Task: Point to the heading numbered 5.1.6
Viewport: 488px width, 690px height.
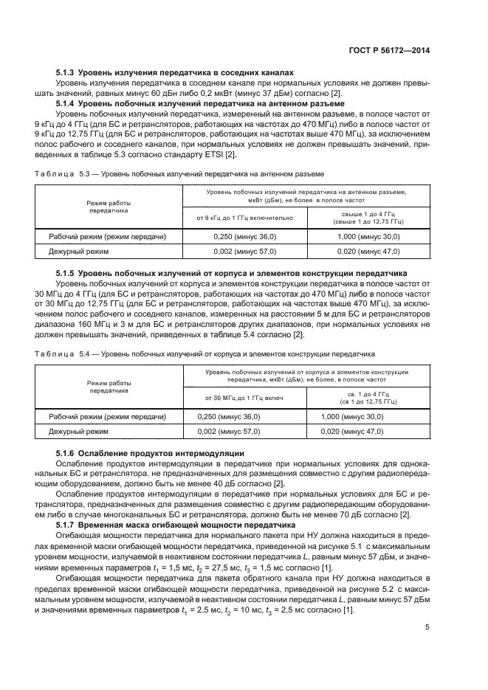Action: coord(151,452)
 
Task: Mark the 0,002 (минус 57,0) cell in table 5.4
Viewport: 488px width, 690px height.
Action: coord(230,432)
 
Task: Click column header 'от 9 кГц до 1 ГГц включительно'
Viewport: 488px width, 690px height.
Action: coord(244,217)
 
